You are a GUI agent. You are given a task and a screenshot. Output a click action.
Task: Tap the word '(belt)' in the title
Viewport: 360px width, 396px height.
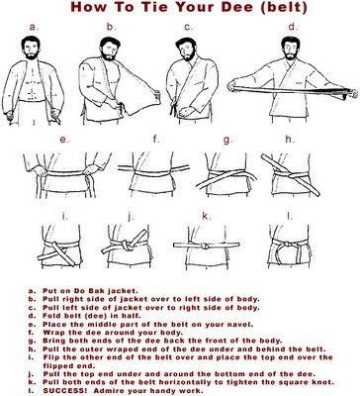tap(284, 7)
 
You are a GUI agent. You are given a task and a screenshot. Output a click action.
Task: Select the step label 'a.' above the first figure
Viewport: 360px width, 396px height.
tap(34, 27)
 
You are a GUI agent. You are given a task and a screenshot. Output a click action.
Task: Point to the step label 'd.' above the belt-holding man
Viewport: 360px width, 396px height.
tap(293, 27)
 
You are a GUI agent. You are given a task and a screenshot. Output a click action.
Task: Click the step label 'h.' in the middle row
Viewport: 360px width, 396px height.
tap(289, 140)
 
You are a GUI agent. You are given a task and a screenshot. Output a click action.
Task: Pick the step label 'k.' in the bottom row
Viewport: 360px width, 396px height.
tap(206, 216)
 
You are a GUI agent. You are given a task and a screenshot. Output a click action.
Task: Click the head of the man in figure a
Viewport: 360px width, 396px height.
tap(31, 48)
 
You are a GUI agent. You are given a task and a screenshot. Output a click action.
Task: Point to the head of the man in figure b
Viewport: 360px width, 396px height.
tap(109, 49)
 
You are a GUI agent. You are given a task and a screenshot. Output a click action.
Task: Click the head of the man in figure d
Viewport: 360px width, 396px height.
tap(291, 49)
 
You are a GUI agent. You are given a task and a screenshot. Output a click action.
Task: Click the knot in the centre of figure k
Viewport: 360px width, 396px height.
tap(205, 246)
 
